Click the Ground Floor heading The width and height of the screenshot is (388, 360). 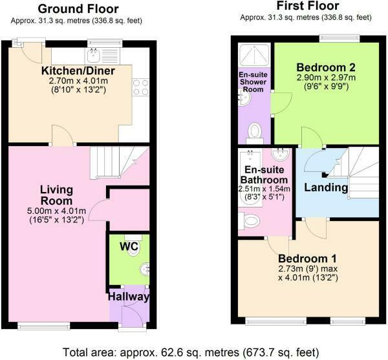tap(78, 8)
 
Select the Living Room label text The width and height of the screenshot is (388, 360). tap(57, 196)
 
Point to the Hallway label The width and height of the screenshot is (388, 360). tap(129, 297)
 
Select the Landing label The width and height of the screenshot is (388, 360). tap(327, 187)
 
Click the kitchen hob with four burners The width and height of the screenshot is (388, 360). tap(141, 87)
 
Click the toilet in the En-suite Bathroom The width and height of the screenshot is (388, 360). tap(248, 222)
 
